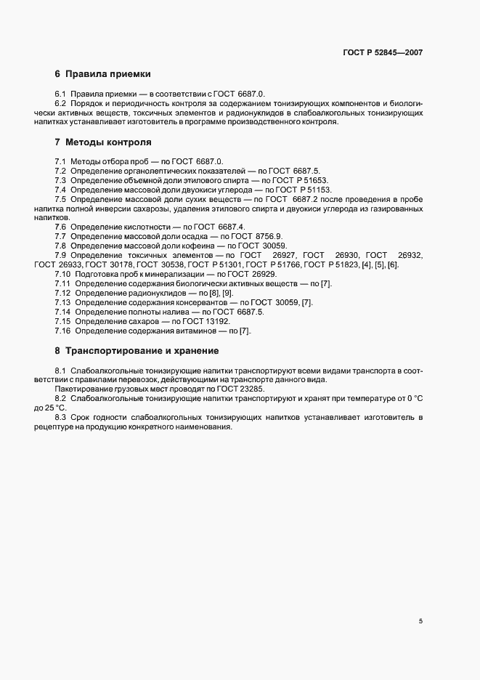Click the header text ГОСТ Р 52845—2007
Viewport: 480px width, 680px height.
pyautogui.click(x=382, y=52)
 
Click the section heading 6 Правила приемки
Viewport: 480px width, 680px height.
pyautogui.click(x=102, y=74)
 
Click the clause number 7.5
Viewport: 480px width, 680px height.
pyautogui.click(x=61, y=199)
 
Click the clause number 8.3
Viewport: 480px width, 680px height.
pyautogui.click(x=60, y=418)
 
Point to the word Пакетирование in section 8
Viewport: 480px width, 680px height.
pyautogui.click(x=85, y=389)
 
